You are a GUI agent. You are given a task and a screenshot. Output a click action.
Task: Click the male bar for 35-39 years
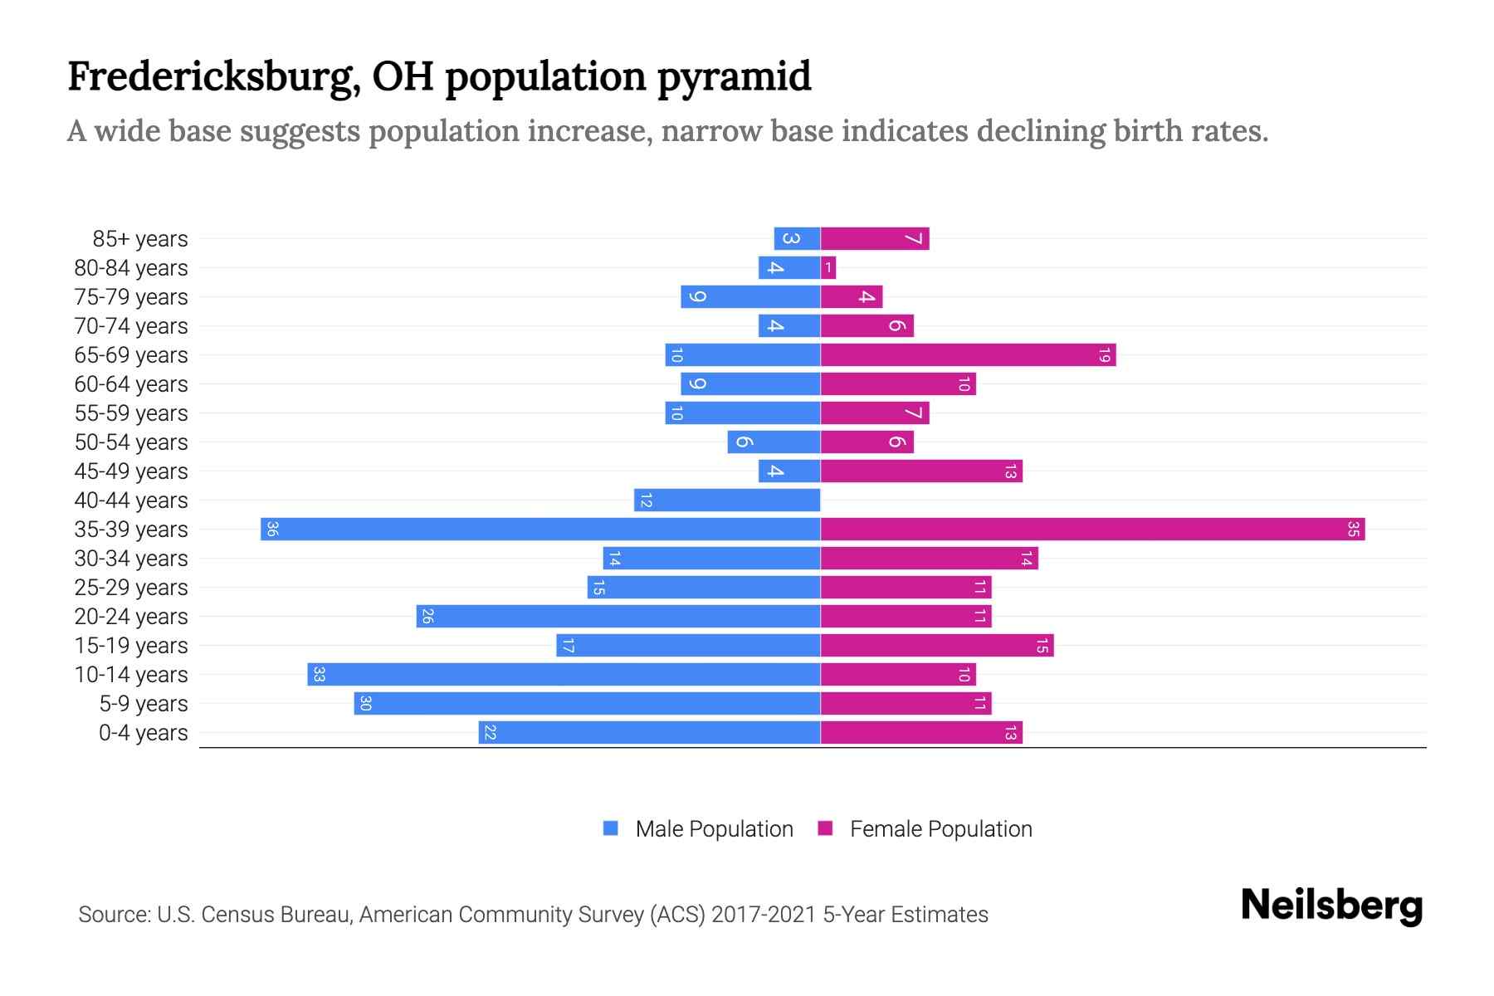[x=539, y=530]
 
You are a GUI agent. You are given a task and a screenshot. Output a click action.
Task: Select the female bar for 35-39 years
[x=1092, y=530]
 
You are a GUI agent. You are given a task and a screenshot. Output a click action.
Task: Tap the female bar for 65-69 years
[x=968, y=355]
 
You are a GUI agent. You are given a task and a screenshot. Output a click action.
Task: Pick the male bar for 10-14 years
[x=564, y=675]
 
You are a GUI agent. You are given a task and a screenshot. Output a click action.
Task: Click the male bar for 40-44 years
[x=727, y=500]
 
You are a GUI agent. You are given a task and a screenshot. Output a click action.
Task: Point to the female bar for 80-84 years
[x=828, y=268]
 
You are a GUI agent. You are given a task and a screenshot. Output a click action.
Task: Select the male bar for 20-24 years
[x=618, y=617]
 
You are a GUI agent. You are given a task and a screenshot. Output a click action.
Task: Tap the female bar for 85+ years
[x=875, y=239]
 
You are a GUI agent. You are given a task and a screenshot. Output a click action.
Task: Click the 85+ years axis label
[x=140, y=239]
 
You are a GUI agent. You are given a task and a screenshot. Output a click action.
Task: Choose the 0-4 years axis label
[x=143, y=733]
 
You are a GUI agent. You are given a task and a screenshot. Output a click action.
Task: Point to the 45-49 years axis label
[x=131, y=471]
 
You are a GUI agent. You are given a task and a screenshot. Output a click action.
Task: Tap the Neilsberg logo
[x=1331, y=906]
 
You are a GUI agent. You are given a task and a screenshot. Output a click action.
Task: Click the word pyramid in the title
[x=734, y=77]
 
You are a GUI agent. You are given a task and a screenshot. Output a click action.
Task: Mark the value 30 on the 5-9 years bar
[x=365, y=704]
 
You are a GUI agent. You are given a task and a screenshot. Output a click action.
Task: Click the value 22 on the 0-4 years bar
[x=490, y=733]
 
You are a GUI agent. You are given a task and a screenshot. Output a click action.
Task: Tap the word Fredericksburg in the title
[x=213, y=77]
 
